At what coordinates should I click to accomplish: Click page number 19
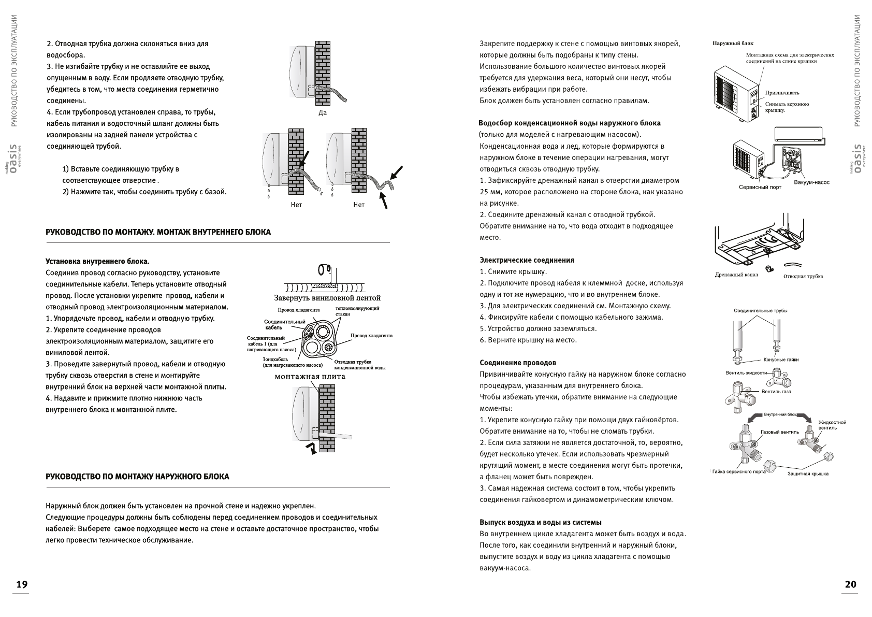[x=21, y=585]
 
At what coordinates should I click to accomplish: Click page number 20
[x=850, y=585]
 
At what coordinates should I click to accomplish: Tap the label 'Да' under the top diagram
[x=323, y=112]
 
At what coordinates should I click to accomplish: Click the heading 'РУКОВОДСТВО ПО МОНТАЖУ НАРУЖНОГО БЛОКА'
[x=137, y=477]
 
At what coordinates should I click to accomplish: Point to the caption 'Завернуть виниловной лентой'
[x=327, y=298]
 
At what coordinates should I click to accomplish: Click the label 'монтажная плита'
[x=310, y=377]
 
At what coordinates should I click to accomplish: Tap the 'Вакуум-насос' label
[x=811, y=182]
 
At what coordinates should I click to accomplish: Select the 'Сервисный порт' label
[x=760, y=187]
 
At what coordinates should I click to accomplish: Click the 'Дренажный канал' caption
[x=736, y=275]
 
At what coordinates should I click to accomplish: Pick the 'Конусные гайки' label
[x=781, y=360]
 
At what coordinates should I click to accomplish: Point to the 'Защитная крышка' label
[x=808, y=473]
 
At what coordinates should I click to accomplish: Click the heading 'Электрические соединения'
[x=527, y=260]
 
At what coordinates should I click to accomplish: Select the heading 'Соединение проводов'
[x=518, y=363]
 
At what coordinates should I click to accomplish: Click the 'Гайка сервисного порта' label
[x=739, y=471]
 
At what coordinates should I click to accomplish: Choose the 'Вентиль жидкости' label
[x=746, y=373]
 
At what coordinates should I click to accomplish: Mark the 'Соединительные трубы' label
[x=760, y=311]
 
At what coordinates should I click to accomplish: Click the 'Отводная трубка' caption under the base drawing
[x=803, y=276]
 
